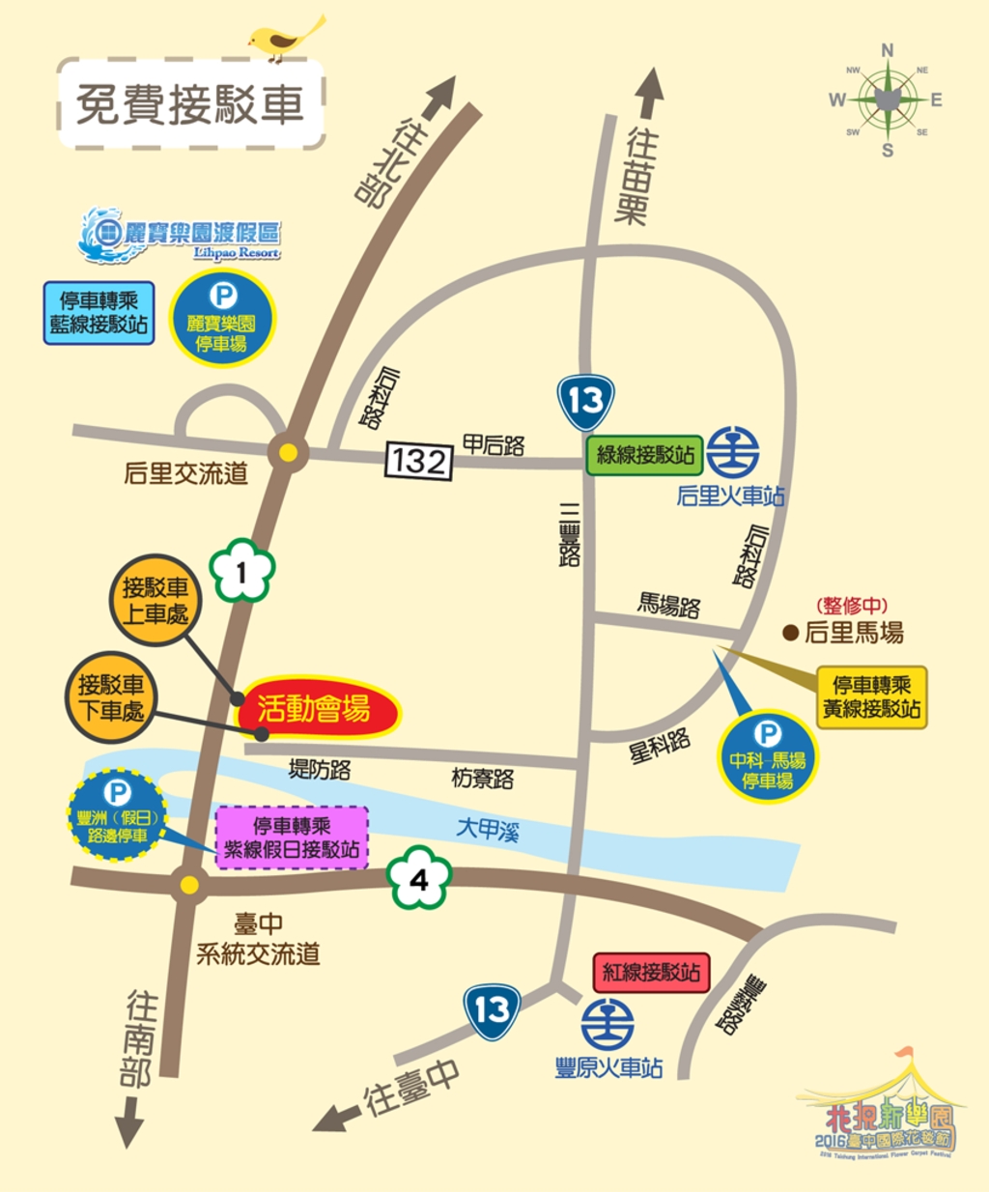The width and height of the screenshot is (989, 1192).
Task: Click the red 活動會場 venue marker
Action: (316, 709)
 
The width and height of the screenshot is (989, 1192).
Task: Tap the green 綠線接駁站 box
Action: (645, 455)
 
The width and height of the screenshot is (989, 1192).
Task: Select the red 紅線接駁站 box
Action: (651, 973)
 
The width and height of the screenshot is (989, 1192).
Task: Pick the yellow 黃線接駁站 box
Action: (871, 696)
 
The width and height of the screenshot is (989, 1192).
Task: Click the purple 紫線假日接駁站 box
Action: (292, 837)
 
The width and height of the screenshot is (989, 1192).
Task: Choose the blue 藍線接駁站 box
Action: (99, 313)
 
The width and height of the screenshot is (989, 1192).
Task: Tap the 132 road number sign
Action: (418, 461)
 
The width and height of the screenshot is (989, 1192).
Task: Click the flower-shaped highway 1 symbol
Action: (241, 572)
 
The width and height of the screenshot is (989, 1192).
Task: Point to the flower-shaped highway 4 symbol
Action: (418, 879)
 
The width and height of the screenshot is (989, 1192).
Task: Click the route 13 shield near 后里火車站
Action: (585, 401)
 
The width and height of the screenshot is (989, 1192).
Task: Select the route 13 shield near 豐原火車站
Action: (492, 1010)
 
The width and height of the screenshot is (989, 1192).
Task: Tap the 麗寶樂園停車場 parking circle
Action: (222, 319)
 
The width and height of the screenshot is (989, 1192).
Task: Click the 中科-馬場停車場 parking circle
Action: (768, 757)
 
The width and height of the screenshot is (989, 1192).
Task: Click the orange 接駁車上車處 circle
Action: (155, 600)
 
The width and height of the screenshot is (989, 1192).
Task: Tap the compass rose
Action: (886, 99)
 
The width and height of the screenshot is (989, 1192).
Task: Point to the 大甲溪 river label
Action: (488, 830)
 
